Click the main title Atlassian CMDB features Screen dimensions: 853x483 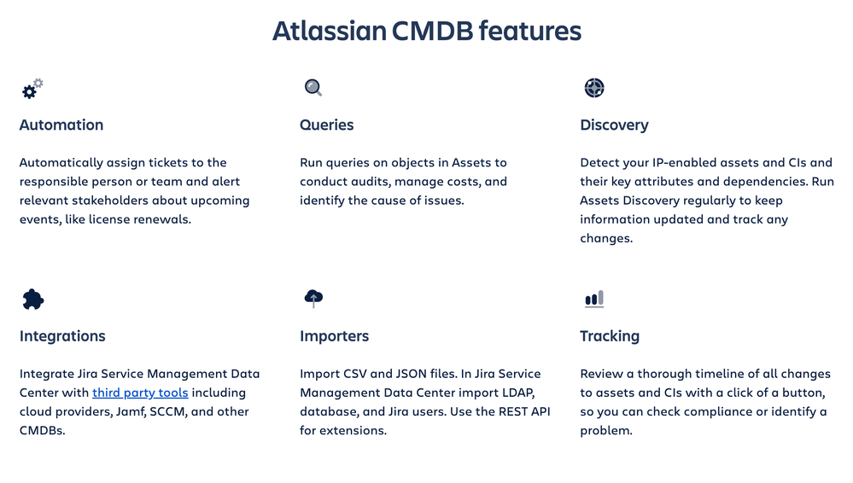(427, 31)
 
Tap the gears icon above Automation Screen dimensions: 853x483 (32, 89)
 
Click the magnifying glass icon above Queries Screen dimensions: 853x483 (313, 88)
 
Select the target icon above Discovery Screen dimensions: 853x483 (594, 88)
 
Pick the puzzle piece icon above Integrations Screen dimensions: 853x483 (32, 300)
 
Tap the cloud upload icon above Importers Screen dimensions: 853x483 (313, 298)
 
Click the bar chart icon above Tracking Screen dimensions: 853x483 (594, 300)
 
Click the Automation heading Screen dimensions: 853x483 (61, 125)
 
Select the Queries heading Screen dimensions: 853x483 (326, 125)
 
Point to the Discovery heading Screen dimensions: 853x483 (614, 125)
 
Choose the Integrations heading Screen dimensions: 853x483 (62, 336)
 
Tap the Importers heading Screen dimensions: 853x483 (334, 336)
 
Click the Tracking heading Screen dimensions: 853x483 (610, 336)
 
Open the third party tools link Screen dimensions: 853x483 (140, 393)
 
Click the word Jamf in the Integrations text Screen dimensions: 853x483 (130, 412)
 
